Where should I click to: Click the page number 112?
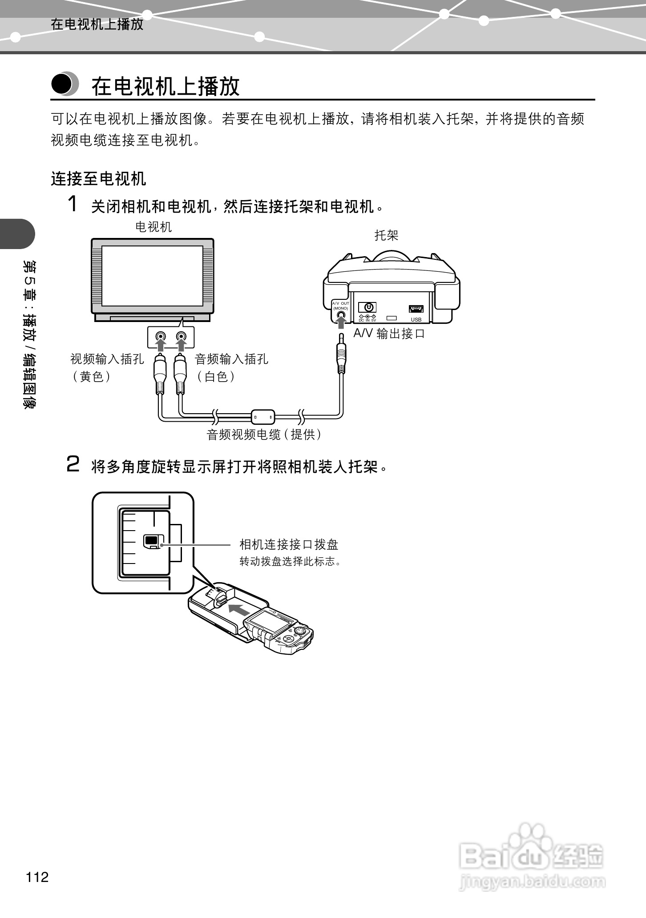point(37,877)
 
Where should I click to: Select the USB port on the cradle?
point(416,309)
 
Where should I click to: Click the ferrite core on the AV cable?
point(263,417)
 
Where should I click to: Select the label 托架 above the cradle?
point(387,235)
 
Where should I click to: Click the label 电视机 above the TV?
point(153,227)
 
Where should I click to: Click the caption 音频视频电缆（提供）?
point(264,435)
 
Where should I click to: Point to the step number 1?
point(73,204)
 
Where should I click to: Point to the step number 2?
point(73,464)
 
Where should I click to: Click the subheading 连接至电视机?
point(98,179)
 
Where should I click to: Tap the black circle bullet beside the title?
point(62,84)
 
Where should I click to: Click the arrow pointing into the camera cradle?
point(238,609)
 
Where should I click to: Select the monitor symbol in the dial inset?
point(151,540)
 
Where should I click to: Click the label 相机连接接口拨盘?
point(289,544)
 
